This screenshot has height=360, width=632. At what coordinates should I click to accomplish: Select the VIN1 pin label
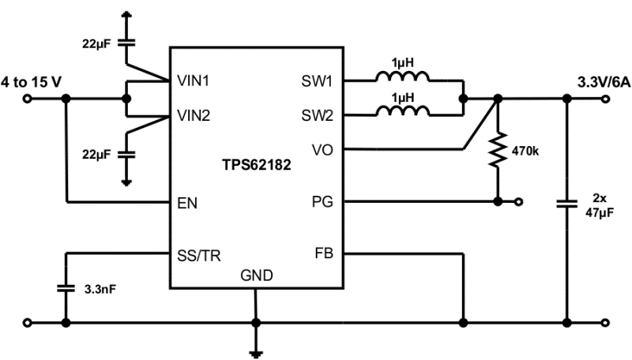[194, 81]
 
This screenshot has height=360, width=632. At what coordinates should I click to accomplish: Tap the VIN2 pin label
[194, 115]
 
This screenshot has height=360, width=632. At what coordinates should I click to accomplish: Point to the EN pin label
[187, 203]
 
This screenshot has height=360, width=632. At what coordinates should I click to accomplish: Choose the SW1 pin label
[317, 81]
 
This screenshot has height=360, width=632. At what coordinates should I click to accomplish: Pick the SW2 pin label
[317, 115]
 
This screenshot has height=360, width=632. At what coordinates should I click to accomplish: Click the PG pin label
[323, 202]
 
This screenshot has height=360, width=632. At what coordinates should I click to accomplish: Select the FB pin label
[324, 254]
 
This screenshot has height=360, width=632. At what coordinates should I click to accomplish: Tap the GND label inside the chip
[256, 276]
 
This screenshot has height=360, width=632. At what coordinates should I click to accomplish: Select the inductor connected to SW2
[403, 111]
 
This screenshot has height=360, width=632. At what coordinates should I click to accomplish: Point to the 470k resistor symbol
[498, 149]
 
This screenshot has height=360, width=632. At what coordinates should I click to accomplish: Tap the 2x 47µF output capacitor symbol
[566, 203]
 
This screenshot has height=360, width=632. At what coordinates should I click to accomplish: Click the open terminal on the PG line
[518, 202]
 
